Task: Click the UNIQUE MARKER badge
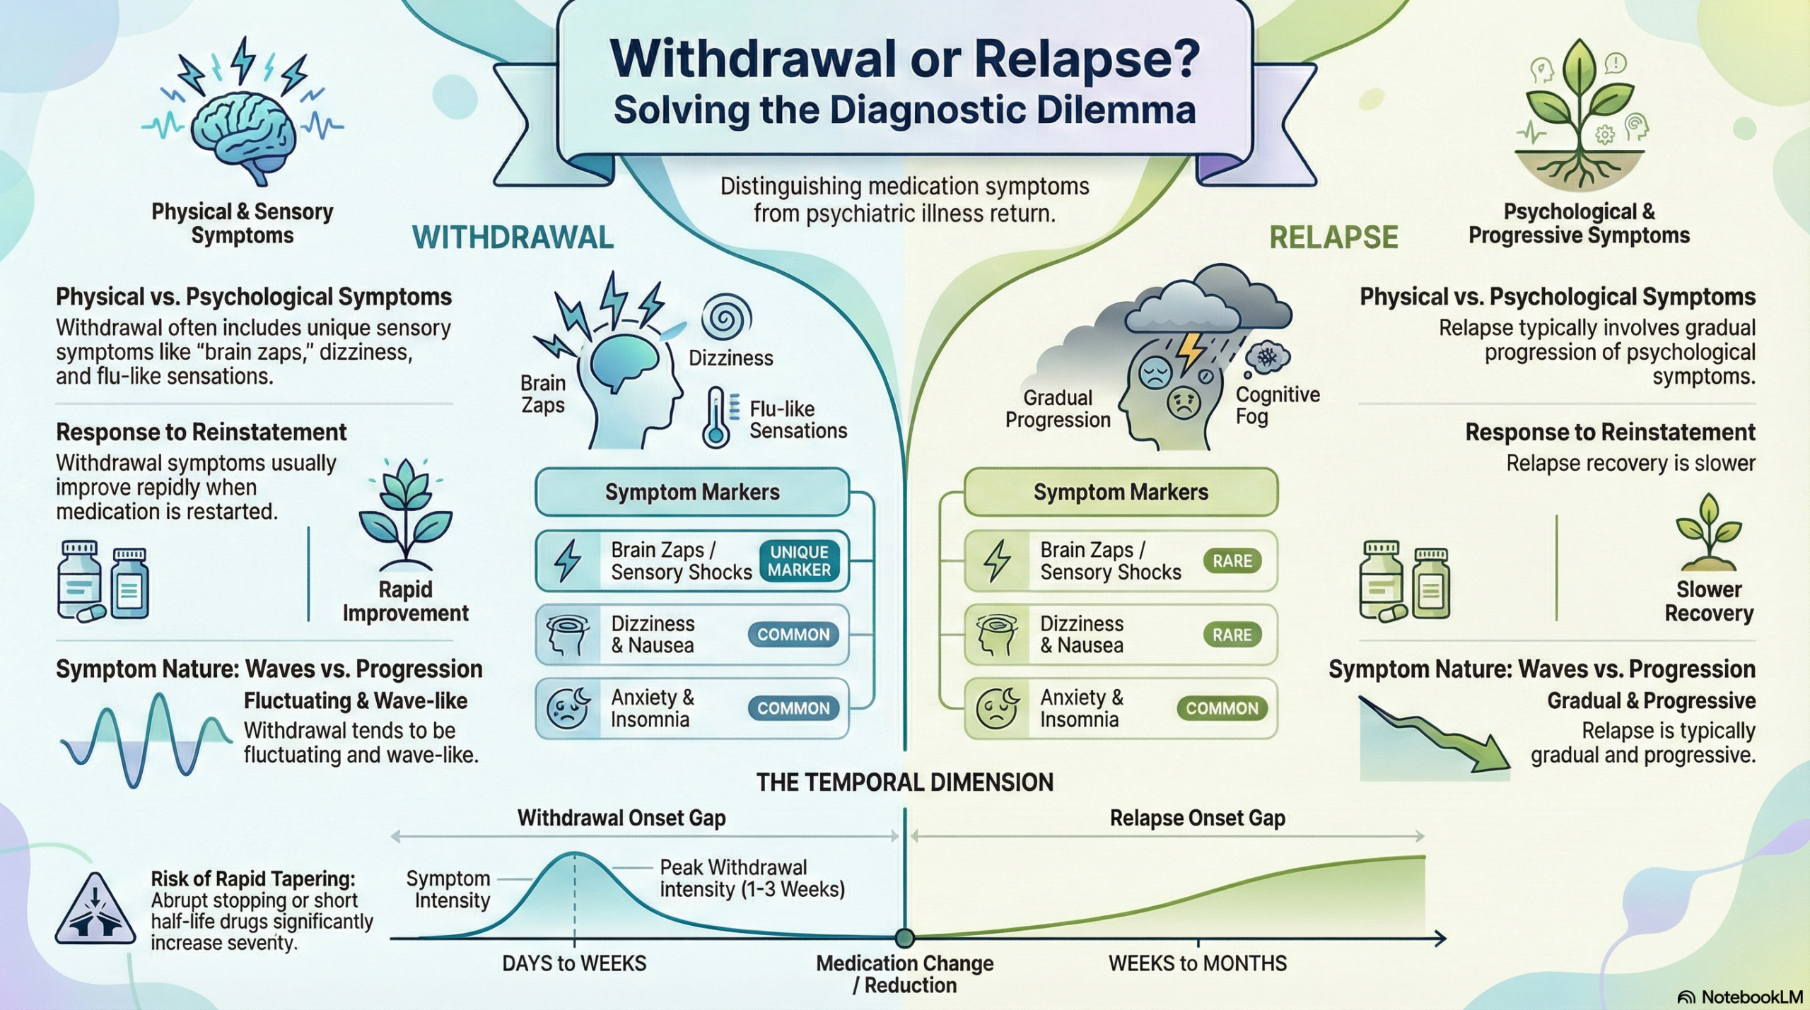pyautogui.click(x=799, y=561)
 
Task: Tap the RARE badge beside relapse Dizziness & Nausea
pyautogui.click(x=1232, y=635)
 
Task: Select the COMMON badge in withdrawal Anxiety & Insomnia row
pyautogui.click(x=793, y=708)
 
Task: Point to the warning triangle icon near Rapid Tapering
pyautogui.click(x=95, y=912)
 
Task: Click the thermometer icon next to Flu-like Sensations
pyautogui.click(x=716, y=417)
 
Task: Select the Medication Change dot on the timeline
pyautogui.click(x=904, y=939)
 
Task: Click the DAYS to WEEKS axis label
pyautogui.click(x=574, y=963)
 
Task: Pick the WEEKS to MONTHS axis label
pyautogui.click(x=1198, y=963)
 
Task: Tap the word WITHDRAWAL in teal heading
pyautogui.click(x=513, y=237)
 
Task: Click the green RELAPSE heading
pyautogui.click(x=1333, y=237)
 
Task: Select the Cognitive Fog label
pyautogui.click(x=1277, y=405)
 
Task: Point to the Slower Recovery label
pyautogui.click(x=1708, y=601)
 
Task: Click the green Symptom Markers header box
pyautogui.click(x=1121, y=492)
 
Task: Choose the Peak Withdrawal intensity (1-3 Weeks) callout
pyautogui.click(x=752, y=878)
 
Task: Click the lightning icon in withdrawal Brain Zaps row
pyautogui.click(x=568, y=561)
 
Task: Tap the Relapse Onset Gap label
pyautogui.click(x=1197, y=818)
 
